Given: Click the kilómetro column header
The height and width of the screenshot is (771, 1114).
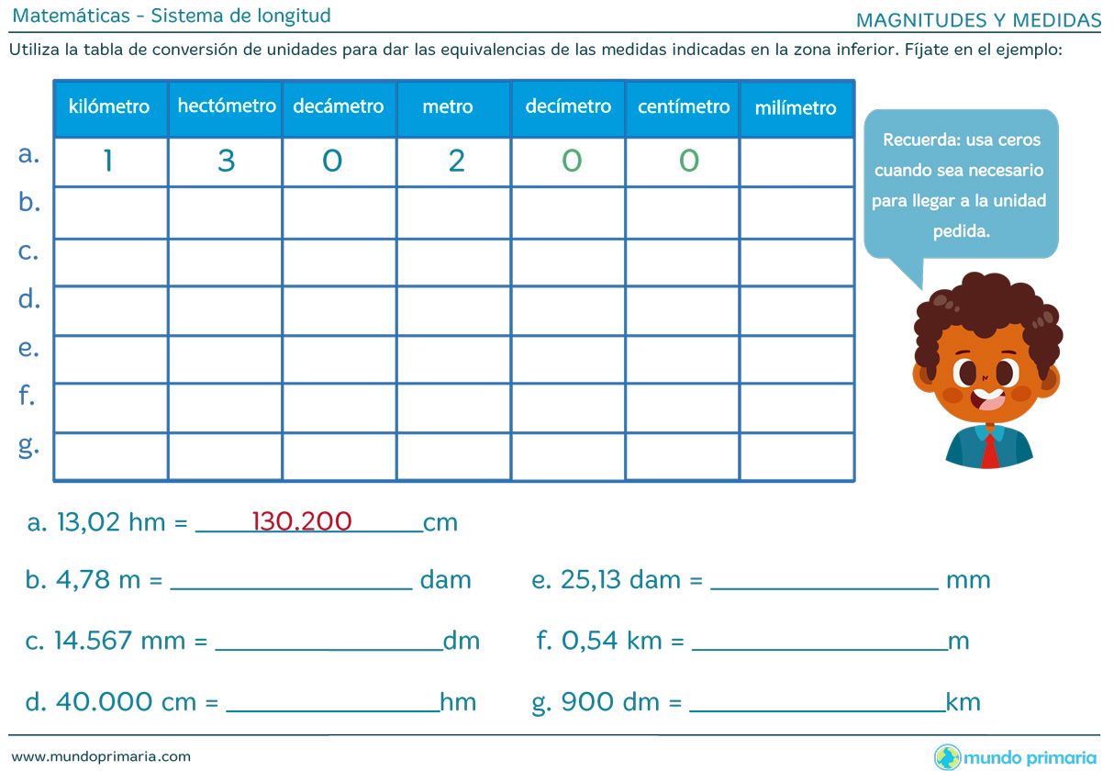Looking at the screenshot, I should pyautogui.click(x=109, y=107).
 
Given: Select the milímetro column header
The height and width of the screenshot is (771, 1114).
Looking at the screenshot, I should pyautogui.click(x=796, y=108).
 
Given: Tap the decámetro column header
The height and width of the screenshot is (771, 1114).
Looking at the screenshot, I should pyautogui.click(x=339, y=106).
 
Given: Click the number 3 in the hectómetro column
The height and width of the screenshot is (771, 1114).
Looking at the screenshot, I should pyautogui.click(x=227, y=162).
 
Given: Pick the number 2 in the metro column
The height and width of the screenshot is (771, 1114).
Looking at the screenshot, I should pyautogui.click(x=456, y=162).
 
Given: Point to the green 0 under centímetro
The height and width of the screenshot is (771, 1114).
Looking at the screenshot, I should pyautogui.click(x=688, y=162).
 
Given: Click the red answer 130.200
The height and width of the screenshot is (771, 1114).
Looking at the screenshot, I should pyautogui.click(x=302, y=521).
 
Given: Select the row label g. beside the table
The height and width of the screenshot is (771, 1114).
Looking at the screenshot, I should pyautogui.click(x=29, y=446).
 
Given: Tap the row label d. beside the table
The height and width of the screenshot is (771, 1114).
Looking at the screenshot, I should pyautogui.click(x=29, y=298).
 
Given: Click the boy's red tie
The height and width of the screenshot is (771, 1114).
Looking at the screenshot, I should pyautogui.click(x=990, y=451).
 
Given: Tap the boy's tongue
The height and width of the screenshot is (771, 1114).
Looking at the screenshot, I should pyautogui.click(x=989, y=401).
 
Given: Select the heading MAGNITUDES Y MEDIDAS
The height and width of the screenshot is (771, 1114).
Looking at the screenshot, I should pyautogui.click(x=978, y=20).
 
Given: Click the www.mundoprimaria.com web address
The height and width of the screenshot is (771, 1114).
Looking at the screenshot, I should pyautogui.click(x=101, y=756).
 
